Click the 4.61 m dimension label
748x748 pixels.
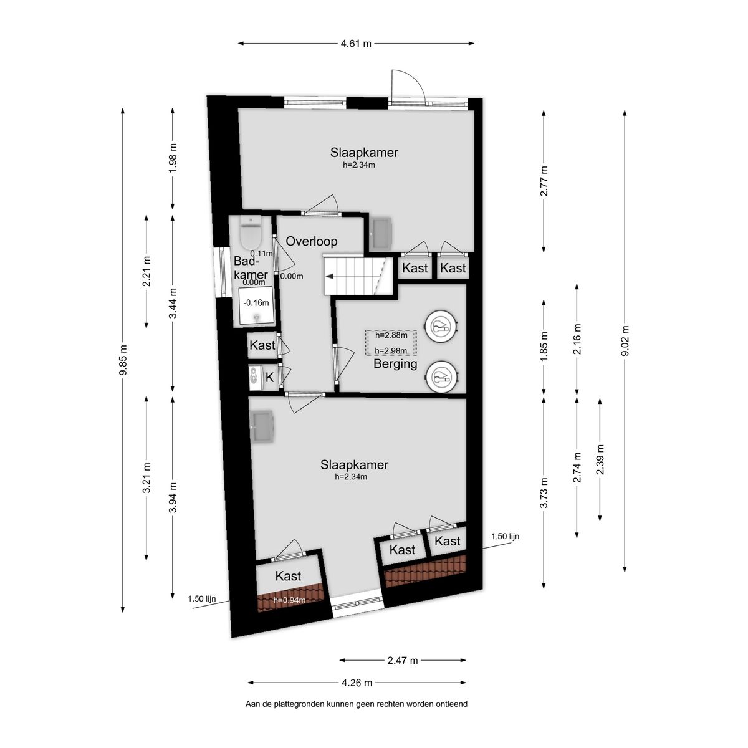coord(356,44)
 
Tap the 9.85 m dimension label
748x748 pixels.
coord(123,360)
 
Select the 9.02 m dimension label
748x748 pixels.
coord(625,340)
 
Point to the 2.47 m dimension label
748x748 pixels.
coord(403,660)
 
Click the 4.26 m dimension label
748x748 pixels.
coord(357,683)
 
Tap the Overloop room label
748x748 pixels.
coord(311,241)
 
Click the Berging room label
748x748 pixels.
coord(395,363)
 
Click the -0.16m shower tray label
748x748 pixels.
coord(256,302)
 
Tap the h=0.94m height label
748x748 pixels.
coord(289,600)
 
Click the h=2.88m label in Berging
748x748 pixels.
coord(391,335)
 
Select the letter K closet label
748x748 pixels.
coord(269,377)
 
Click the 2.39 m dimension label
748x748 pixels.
coord(600,459)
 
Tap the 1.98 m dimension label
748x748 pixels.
coord(173,159)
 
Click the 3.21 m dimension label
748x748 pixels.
coord(146,478)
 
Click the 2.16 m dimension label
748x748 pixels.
coord(577,339)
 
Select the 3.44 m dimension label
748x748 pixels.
coord(173,303)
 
